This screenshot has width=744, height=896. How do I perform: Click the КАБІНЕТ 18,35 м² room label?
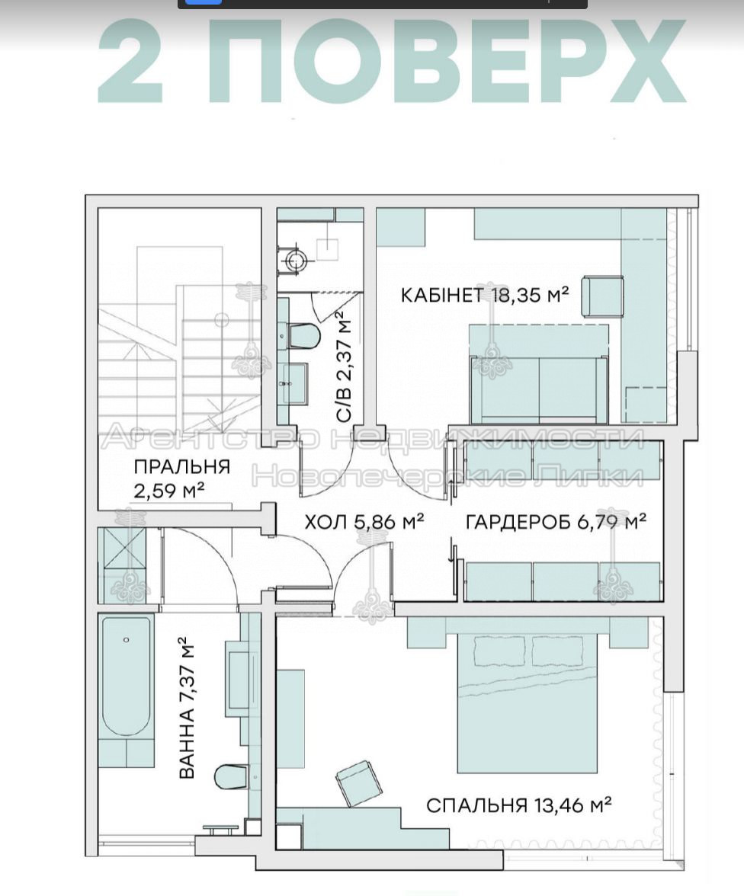coord(484,295)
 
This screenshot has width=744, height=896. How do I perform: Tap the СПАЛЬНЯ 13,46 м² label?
coord(518,805)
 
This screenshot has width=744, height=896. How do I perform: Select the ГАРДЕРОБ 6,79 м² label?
coord(556,521)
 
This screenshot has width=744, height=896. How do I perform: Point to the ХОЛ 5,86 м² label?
coord(364,521)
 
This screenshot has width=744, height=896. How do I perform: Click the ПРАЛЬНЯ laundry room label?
coord(182,467)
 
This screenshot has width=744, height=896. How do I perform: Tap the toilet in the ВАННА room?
coord(230,776)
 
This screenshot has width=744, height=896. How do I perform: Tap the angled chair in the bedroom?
coord(358,784)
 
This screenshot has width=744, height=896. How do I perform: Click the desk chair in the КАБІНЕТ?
coord(602,296)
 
